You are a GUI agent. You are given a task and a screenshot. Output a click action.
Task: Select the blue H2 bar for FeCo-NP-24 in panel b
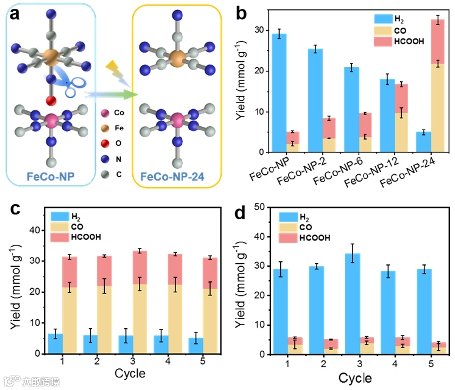click(424, 142)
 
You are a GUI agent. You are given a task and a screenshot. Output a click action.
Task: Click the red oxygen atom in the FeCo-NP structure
click(51, 101)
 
